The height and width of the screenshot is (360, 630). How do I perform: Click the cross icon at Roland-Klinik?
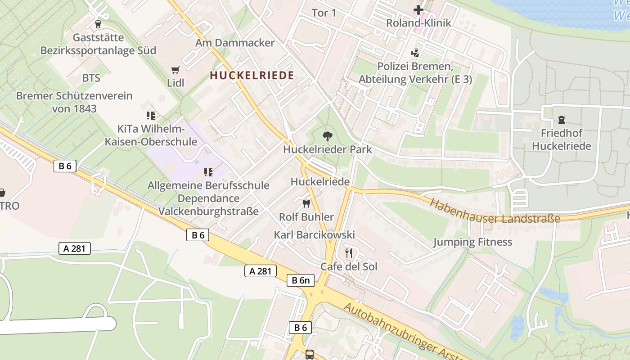coord(418,9)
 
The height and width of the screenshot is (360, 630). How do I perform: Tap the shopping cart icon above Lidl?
coord(175,70)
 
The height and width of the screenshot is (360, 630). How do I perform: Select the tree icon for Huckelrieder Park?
coord(327,135)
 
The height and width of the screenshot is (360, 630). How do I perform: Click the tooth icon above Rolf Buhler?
coord(306,203)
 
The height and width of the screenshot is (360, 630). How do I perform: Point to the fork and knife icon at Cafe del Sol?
coord(349,253)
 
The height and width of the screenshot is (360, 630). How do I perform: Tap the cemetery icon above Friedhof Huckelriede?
coord(561,120)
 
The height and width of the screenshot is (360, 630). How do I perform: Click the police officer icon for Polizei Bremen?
coord(415,53)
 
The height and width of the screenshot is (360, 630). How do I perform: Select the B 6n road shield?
coord(301,280)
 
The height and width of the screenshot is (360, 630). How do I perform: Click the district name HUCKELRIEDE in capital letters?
coord(252,76)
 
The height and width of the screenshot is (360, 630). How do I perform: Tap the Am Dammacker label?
coord(234,43)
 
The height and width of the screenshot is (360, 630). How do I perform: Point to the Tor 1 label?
coord(324,13)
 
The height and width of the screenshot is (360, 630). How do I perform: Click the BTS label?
coord(91,78)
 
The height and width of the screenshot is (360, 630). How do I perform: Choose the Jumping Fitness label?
coord(472,242)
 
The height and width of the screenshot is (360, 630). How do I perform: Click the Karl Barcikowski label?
coord(314,235)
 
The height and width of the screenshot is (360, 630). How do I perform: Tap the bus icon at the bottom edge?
coord(310,354)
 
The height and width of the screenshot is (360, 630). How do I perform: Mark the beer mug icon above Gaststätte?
coord(98,24)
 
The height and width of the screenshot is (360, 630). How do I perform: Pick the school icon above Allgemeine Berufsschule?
coord(208,172)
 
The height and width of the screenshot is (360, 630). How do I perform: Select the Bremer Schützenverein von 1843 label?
coord(74,102)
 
